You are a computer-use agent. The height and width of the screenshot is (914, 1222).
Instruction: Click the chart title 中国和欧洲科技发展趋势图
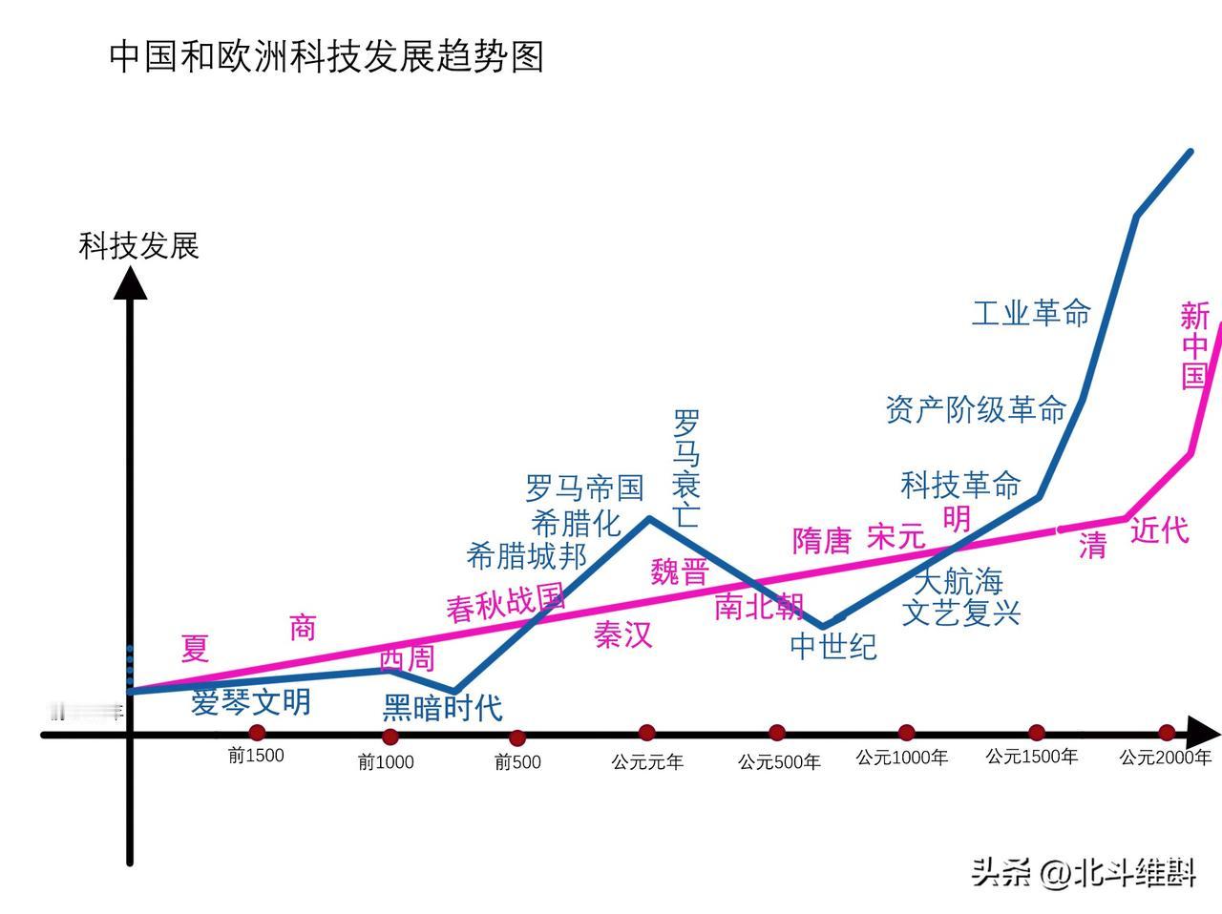tap(327, 57)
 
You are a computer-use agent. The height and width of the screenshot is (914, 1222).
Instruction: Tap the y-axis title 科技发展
tap(138, 246)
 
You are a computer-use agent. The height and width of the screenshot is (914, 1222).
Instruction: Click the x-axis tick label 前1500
tap(256, 756)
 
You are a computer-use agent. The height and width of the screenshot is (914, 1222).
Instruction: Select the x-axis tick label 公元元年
tap(647, 761)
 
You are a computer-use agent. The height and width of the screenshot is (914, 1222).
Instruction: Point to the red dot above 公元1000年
tap(906, 733)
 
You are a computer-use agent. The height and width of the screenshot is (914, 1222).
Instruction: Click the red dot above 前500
tap(516, 737)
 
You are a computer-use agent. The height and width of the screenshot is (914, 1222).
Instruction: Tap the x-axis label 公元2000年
tap(1166, 758)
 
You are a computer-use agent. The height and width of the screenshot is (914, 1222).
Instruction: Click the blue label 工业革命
tap(1030, 313)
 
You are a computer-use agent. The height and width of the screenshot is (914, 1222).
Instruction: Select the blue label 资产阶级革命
tap(976, 410)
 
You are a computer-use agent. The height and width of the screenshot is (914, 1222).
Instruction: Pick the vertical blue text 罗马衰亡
tap(685, 468)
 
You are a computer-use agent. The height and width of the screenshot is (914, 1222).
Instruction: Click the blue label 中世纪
tap(832, 647)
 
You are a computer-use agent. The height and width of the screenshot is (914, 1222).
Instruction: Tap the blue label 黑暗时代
tap(442, 708)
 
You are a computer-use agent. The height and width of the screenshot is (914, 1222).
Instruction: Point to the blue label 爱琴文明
tap(251, 702)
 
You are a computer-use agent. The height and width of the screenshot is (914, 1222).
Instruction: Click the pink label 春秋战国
tap(506, 604)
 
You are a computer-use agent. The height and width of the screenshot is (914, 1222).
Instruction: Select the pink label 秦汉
tap(622, 634)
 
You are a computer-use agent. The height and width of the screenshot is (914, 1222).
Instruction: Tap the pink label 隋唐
tap(821, 541)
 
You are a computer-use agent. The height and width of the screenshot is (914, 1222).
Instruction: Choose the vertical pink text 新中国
tap(1194, 345)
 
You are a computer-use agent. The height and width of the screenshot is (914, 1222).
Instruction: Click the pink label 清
tap(1092, 546)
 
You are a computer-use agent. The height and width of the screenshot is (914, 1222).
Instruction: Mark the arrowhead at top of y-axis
tap(131, 282)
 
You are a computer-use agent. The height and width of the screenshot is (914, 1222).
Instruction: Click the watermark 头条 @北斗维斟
tap(1084, 872)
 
